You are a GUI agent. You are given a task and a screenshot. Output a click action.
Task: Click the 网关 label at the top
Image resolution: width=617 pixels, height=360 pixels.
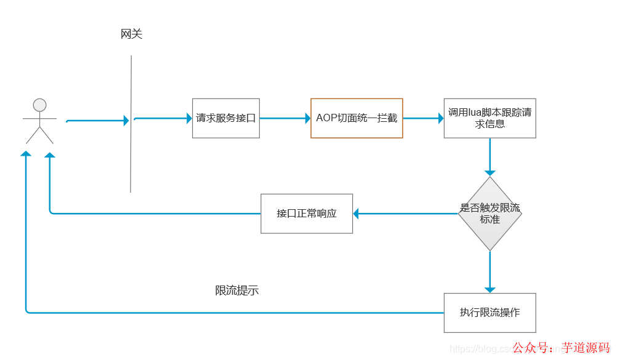(x=131, y=34)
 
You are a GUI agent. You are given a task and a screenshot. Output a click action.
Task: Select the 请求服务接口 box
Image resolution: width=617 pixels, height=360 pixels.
(x=226, y=118)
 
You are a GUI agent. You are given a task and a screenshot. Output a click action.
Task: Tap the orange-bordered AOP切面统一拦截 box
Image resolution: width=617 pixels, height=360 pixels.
(x=357, y=118)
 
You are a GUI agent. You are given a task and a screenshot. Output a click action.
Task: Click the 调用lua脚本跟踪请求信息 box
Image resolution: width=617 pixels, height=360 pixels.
(x=490, y=118)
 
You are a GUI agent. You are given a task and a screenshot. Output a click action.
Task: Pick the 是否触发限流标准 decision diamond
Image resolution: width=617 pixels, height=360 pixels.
(x=490, y=214)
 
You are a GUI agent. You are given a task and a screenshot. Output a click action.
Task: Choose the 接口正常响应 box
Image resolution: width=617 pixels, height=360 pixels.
(x=307, y=214)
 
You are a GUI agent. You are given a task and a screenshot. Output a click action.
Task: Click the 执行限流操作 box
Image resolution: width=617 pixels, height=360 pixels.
(x=490, y=313)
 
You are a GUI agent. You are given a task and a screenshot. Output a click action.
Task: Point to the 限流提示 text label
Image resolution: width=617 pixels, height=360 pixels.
(x=237, y=290)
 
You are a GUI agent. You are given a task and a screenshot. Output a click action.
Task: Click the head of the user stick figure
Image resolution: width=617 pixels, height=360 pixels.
(x=40, y=105)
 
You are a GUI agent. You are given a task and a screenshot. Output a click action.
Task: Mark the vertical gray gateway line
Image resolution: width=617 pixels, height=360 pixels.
(x=131, y=154)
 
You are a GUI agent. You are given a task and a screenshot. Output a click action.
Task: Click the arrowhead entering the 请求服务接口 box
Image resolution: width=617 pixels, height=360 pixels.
(x=189, y=118)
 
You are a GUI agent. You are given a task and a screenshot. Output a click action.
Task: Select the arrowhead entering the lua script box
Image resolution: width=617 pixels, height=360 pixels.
(x=440, y=118)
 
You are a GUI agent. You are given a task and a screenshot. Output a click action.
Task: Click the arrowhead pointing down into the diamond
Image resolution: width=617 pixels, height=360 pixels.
(x=490, y=172)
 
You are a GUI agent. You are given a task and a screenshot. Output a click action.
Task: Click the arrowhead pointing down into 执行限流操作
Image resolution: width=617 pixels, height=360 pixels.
(x=490, y=289)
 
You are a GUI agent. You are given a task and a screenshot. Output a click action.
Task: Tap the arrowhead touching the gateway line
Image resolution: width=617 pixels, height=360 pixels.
(x=126, y=121)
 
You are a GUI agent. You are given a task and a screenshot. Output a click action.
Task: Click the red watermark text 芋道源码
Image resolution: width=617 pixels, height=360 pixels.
(x=585, y=348)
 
